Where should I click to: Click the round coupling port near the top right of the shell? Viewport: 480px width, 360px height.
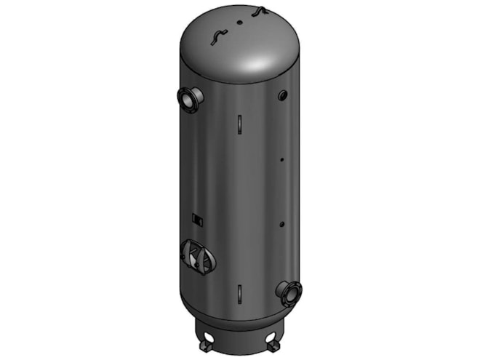[282, 95]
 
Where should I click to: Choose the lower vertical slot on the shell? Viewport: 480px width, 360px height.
[239, 294]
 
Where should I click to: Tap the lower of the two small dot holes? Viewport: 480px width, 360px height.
[282, 223]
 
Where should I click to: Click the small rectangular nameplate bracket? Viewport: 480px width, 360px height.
[194, 217]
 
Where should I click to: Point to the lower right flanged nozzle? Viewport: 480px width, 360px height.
[289, 292]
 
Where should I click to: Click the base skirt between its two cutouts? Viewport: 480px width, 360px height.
[240, 335]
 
